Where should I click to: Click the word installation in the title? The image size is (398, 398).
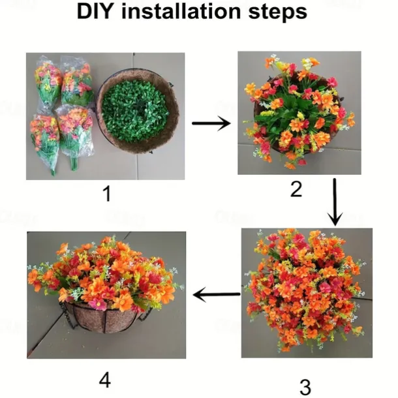pyautogui.click(x=181, y=12)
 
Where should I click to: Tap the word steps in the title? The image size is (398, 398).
pyautogui.click(x=278, y=12)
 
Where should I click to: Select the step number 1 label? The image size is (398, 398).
pyautogui.click(x=108, y=193)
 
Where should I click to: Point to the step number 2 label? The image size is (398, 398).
pyautogui.click(x=296, y=189)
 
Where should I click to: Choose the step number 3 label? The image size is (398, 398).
pyautogui.click(x=305, y=387)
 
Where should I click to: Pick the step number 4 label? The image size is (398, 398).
pyautogui.click(x=105, y=380)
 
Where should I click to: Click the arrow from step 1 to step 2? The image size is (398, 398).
pyautogui.click(x=211, y=123)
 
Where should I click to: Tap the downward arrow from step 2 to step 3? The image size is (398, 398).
pyautogui.click(x=335, y=202)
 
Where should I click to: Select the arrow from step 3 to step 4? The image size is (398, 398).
pyautogui.click(x=217, y=294)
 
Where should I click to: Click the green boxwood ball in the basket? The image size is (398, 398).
pyautogui.click(x=135, y=110)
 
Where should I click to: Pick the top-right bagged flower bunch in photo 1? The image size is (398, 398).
pyautogui.click(x=76, y=81)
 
